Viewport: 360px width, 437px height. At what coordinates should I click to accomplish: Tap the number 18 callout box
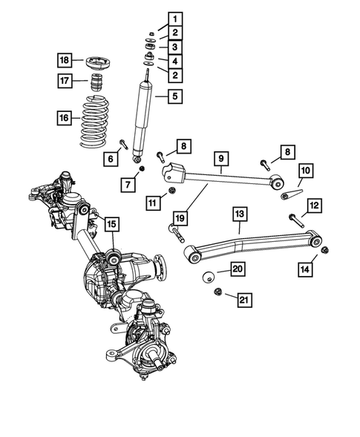(65, 59)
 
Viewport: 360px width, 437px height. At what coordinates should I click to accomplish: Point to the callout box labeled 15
(111, 223)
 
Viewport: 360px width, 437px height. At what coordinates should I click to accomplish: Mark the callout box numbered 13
(239, 214)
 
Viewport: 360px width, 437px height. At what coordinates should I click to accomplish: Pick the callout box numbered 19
(179, 218)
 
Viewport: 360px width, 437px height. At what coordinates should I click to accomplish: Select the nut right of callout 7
(141, 172)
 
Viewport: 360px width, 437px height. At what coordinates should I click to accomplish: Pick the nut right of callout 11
(172, 191)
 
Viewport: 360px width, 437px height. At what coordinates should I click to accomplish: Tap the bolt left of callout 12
(295, 218)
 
